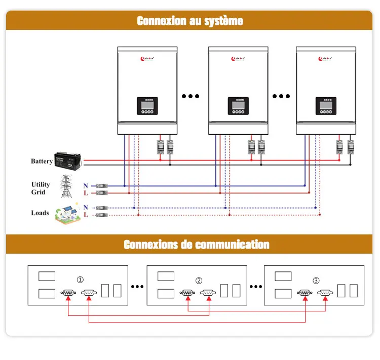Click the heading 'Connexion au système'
[x=189, y=21]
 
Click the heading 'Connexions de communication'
[x=197, y=245]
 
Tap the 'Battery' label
[x=42, y=161]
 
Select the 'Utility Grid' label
[x=41, y=188]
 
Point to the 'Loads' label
[x=40, y=213]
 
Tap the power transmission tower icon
[x=66, y=187]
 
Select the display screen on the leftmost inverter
[x=147, y=104]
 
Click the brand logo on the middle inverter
[x=237, y=59]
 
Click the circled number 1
[x=80, y=279]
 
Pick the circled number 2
[x=199, y=280]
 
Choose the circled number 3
[x=316, y=280]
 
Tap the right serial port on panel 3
[x=325, y=292]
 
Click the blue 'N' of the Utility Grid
[x=86, y=186]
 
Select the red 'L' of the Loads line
[x=86, y=215]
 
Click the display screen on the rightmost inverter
[x=326, y=104]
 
